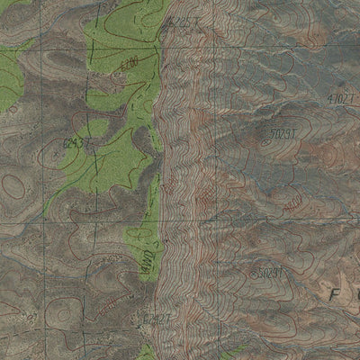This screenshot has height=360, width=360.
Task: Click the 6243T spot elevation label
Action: tap(75, 142)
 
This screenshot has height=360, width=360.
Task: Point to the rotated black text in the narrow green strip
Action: tap(146, 266)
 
